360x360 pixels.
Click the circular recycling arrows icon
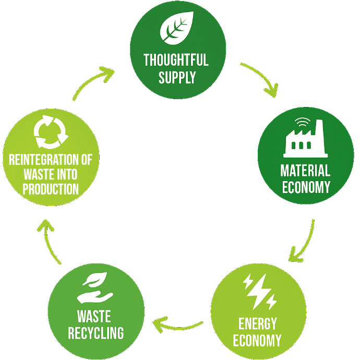[x=51, y=131]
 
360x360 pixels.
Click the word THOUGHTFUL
[x=176, y=59]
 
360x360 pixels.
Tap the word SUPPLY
[x=177, y=78]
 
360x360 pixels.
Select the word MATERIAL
[x=306, y=171]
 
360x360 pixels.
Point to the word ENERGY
[x=257, y=323]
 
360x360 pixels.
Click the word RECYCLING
[x=95, y=332]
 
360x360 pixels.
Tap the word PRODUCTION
[x=51, y=188]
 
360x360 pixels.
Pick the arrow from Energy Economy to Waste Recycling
[x=178, y=327]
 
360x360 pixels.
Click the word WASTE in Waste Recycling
[x=95, y=316]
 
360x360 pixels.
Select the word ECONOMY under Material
[x=306, y=187]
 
